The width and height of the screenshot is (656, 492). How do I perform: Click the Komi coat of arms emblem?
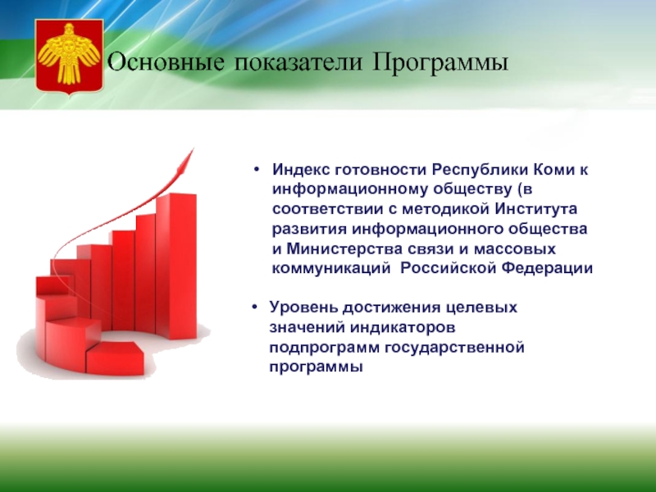[69, 56]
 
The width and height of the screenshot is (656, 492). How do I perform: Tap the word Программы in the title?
[440, 63]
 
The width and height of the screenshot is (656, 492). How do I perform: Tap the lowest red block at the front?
[115, 358]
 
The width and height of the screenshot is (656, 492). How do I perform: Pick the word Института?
[536, 209]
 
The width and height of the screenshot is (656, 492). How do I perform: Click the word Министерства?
[344, 249]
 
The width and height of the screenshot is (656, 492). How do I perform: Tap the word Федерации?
[548, 268]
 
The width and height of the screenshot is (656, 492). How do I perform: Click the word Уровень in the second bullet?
[303, 307]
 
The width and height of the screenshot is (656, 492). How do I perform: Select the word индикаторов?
[403, 327]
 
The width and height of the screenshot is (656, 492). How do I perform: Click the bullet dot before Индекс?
[257, 170]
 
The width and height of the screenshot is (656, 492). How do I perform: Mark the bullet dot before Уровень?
[254, 307]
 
